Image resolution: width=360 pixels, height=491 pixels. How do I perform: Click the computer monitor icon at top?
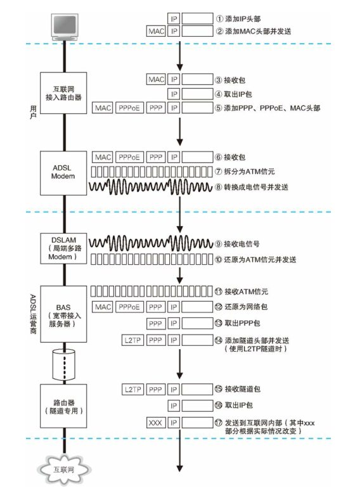click(x=64, y=25)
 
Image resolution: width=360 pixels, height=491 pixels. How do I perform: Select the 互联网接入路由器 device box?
click(x=63, y=92)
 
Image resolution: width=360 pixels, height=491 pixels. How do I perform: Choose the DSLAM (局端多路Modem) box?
click(x=63, y=249)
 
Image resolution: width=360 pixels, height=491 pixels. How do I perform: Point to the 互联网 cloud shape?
click(x=64, y=469)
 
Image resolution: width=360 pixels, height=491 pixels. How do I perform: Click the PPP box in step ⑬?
click(x=155, y=323)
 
